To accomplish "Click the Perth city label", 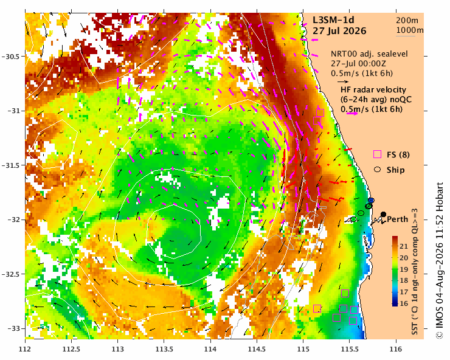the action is tap(398, 220).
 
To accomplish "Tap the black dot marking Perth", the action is tap(383, 214).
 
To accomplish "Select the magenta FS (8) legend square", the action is tap(377, 154).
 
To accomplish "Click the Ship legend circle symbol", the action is tap(377, 170).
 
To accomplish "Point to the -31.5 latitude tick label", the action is tap(11, 165).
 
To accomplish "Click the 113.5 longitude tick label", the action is tap(164, 349).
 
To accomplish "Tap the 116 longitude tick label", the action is tap(396, 349).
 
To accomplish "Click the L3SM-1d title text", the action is tap(333, 20).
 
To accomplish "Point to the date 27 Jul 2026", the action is tap(339, 31).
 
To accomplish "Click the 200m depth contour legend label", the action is tap(407, 21).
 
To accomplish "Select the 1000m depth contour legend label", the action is tap(410, 30).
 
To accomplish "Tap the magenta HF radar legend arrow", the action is tap(353, 113).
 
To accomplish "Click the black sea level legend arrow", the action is tap(343, 81).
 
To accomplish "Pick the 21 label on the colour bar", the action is tap(404, 246).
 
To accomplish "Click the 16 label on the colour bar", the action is tap(404, 303).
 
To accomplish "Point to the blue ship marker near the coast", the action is tap(371, 200).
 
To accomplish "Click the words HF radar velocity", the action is tap(373, 90).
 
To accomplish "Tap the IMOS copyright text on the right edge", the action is tap(440, 260).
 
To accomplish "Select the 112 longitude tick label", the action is tap(25, 349).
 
